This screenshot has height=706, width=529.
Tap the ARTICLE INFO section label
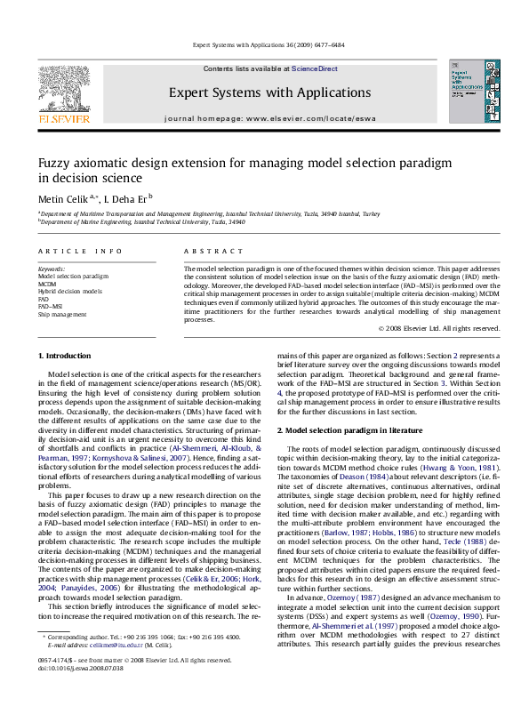point(71,253)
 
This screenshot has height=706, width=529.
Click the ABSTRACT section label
point(206,253)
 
